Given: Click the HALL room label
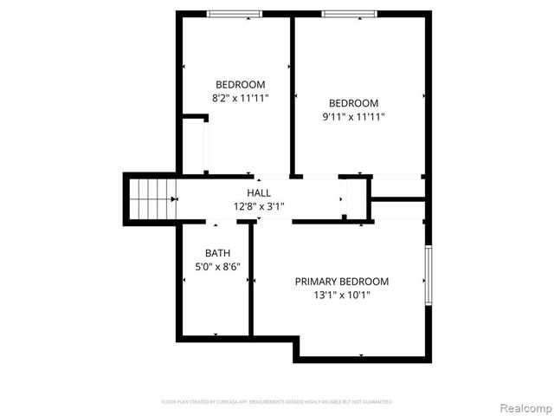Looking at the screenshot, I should (259, 192).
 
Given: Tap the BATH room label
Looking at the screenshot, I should (217, 253).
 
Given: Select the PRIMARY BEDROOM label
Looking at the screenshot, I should (342, 282).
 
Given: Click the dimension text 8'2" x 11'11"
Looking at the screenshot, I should (241, 98).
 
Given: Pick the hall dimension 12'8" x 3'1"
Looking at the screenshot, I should (259, 206).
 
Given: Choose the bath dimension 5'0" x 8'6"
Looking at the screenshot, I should (217, 267).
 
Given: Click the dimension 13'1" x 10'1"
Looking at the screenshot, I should (342, 296).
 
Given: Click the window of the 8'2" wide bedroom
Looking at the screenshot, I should (235, 14).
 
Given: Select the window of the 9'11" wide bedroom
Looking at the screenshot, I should (350, 14).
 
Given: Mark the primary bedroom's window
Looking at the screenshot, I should (427, 275).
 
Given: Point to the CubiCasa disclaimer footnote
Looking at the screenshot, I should (277, 402).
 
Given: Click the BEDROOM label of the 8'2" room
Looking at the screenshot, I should (241, 84).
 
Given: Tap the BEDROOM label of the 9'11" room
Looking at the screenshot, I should (354, 102).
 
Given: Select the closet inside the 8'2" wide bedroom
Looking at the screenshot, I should (193, 146).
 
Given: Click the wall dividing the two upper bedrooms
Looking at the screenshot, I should (293, 95).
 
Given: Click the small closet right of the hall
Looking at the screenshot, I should (397, 187).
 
